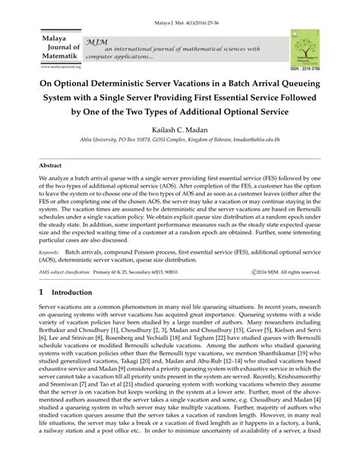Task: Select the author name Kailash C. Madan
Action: pos(180,130)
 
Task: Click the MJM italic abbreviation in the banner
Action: pos(96,40)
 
